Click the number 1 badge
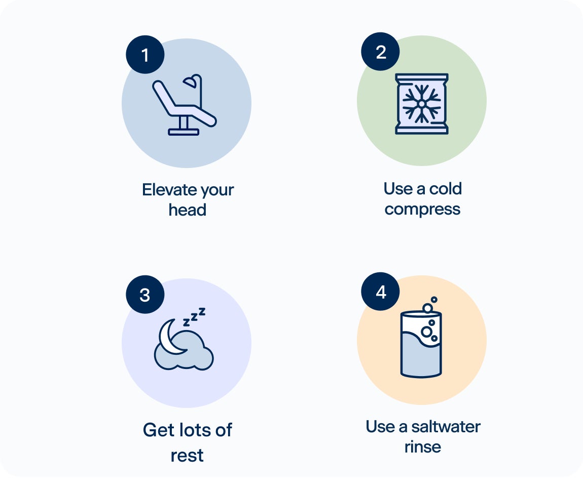145,55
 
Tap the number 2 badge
380,52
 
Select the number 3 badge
145,295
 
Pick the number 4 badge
380,292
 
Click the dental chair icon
184,105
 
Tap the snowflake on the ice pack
422,104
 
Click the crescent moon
169,337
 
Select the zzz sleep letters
194,317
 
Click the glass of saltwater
421,344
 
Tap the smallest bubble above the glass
434,299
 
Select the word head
188,210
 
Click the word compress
422,210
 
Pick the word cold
446,189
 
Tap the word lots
195,430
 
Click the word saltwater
446,427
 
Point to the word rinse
423,447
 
